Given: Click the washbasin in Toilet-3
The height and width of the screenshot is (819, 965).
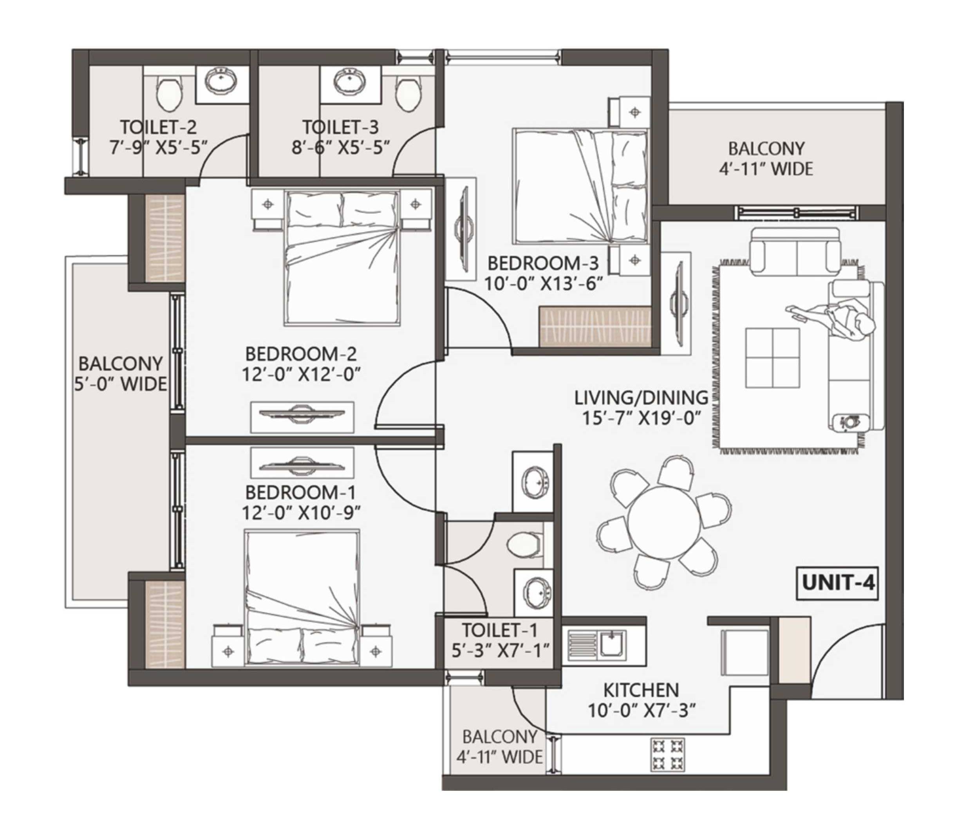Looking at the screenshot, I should pyautogui.click(x=350, y=82).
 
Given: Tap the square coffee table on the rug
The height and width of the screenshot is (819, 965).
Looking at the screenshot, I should pyautogui.click(x=772, y=357).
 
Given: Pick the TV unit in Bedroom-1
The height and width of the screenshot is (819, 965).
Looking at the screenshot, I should pyautogui.click(x=302, y=463).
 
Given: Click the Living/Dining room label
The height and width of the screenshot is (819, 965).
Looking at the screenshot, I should pyautogui.click(x=641, y=398).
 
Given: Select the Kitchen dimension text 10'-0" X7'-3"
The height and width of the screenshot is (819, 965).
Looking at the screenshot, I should pyautogui.click(x=642, y=710).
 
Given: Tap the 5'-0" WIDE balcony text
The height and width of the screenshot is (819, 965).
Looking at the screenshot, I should pyautogui.click(x=121, y=384).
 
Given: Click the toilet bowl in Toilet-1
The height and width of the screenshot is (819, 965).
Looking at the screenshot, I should pyautogui.click(x=525, y=544).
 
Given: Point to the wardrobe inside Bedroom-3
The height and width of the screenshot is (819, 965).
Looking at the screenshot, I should pyautogui.click(x=595, y=327).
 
